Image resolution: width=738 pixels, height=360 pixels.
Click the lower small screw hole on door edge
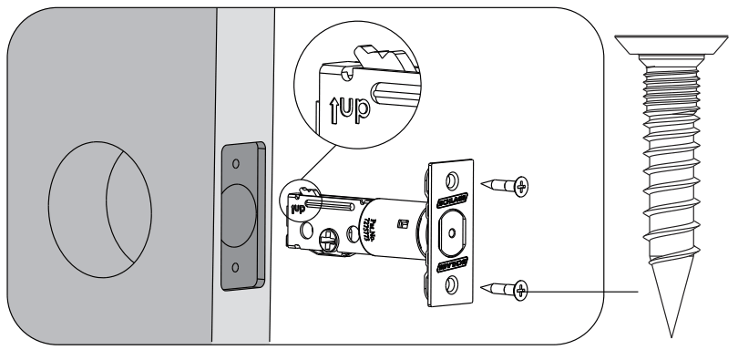(x=236, y=268)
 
